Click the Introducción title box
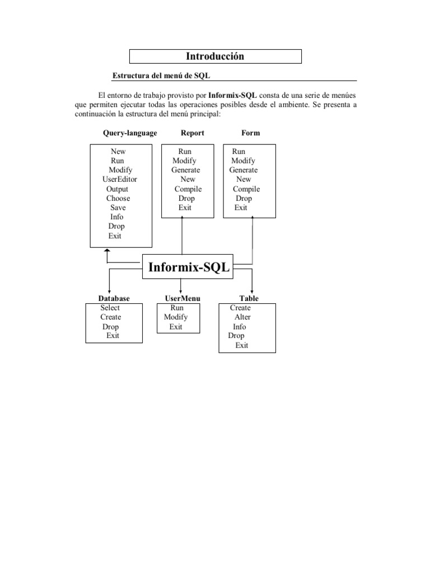tap(216, 57)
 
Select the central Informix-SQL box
tap(189, 267)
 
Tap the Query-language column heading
tap(130, 133)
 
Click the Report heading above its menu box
tap(193, 133)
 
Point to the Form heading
tap(251, 133)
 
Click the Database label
tap(114, 299)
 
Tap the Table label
tap(249, 299)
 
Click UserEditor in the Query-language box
tap(120, 180)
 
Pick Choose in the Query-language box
tap(118, 199)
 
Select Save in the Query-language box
tap(118, 208)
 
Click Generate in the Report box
tap(186, 170)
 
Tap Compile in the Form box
tap(246, 189)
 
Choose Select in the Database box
tap(110, 308)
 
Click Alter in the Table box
tap(242, 317)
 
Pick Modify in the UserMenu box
tap(176, 317)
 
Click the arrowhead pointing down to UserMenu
tap(181, 290)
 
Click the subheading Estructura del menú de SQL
tap(161, 76)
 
